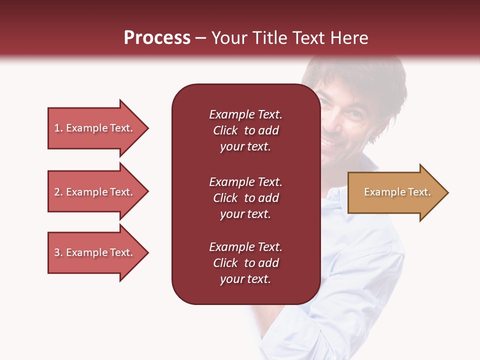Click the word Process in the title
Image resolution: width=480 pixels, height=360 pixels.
pyautogui.click(x=157, y=38)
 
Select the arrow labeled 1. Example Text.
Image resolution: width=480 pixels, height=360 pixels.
pyautogui.click(x=93, y=128)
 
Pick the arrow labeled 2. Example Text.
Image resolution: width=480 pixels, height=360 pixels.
pyautogui.click(x=93, y=192)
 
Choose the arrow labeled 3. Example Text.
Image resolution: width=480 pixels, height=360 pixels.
pyautogui.click(x=93, y=252)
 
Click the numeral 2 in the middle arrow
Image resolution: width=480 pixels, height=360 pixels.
pyautogui.click(x=57, y=192)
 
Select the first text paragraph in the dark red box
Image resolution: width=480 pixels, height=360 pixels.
pyautogui.click(x=245, y=130)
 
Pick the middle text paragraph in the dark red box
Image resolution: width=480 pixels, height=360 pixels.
pyautogui.click(x=245, y=198)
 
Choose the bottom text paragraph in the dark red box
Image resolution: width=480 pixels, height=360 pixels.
pyautogui.click(x=245, y=263)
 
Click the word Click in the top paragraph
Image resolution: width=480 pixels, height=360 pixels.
pyautogui.click(x=225, y=130)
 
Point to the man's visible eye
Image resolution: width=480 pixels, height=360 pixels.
pyautogui.click(x=354, y=113)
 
